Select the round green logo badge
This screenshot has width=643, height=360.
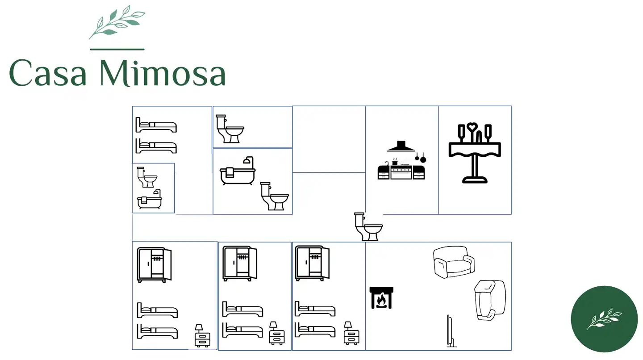[604, 319]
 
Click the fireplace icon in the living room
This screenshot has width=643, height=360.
[381, 298]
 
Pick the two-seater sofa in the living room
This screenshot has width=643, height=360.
[454, 262]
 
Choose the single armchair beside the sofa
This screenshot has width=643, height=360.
[489, 300]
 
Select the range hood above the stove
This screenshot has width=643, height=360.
[401, 147]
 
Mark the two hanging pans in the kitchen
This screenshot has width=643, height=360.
[420, 157]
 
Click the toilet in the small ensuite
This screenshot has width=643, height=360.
[147, 177]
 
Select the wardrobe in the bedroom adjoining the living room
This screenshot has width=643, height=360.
[312, 264]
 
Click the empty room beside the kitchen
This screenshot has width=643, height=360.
[329, 139]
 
